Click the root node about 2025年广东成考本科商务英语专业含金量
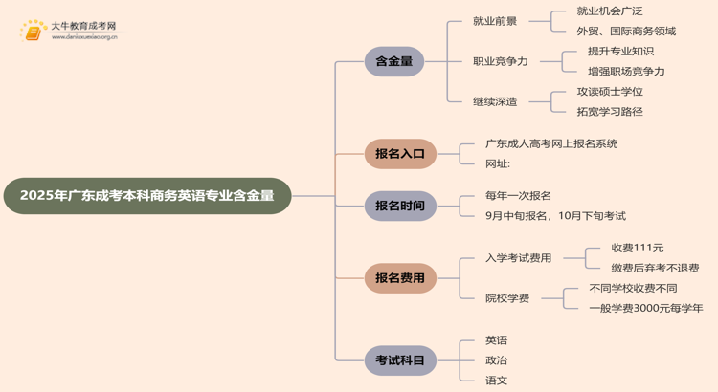click(147, 195)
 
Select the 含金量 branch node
click(393, 61)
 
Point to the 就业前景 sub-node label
click(496, 20)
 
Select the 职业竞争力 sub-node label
click(500, 61)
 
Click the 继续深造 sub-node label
click(496, 101)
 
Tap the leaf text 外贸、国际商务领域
click(626, 31)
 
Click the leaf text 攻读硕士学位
click(610, 92)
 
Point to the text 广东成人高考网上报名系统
click(551, 143)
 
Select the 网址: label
click(498, 163)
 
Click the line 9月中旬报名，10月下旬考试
click(555, 216)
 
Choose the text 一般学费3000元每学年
click(645, 308)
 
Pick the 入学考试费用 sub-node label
click(518, 258)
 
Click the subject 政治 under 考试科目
click(496, 360)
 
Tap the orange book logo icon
click(34, 32)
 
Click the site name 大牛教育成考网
click(83, 26)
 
